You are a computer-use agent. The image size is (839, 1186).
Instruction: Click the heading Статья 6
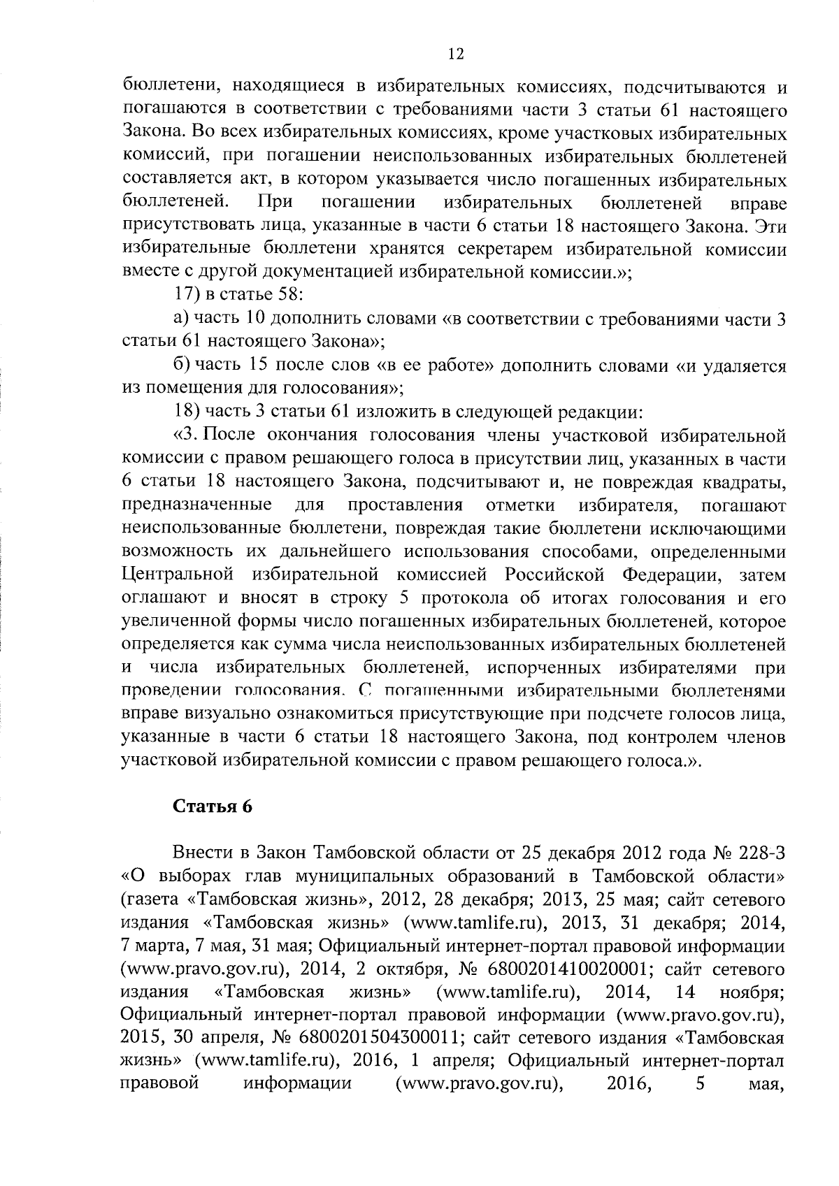click(212, 806)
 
